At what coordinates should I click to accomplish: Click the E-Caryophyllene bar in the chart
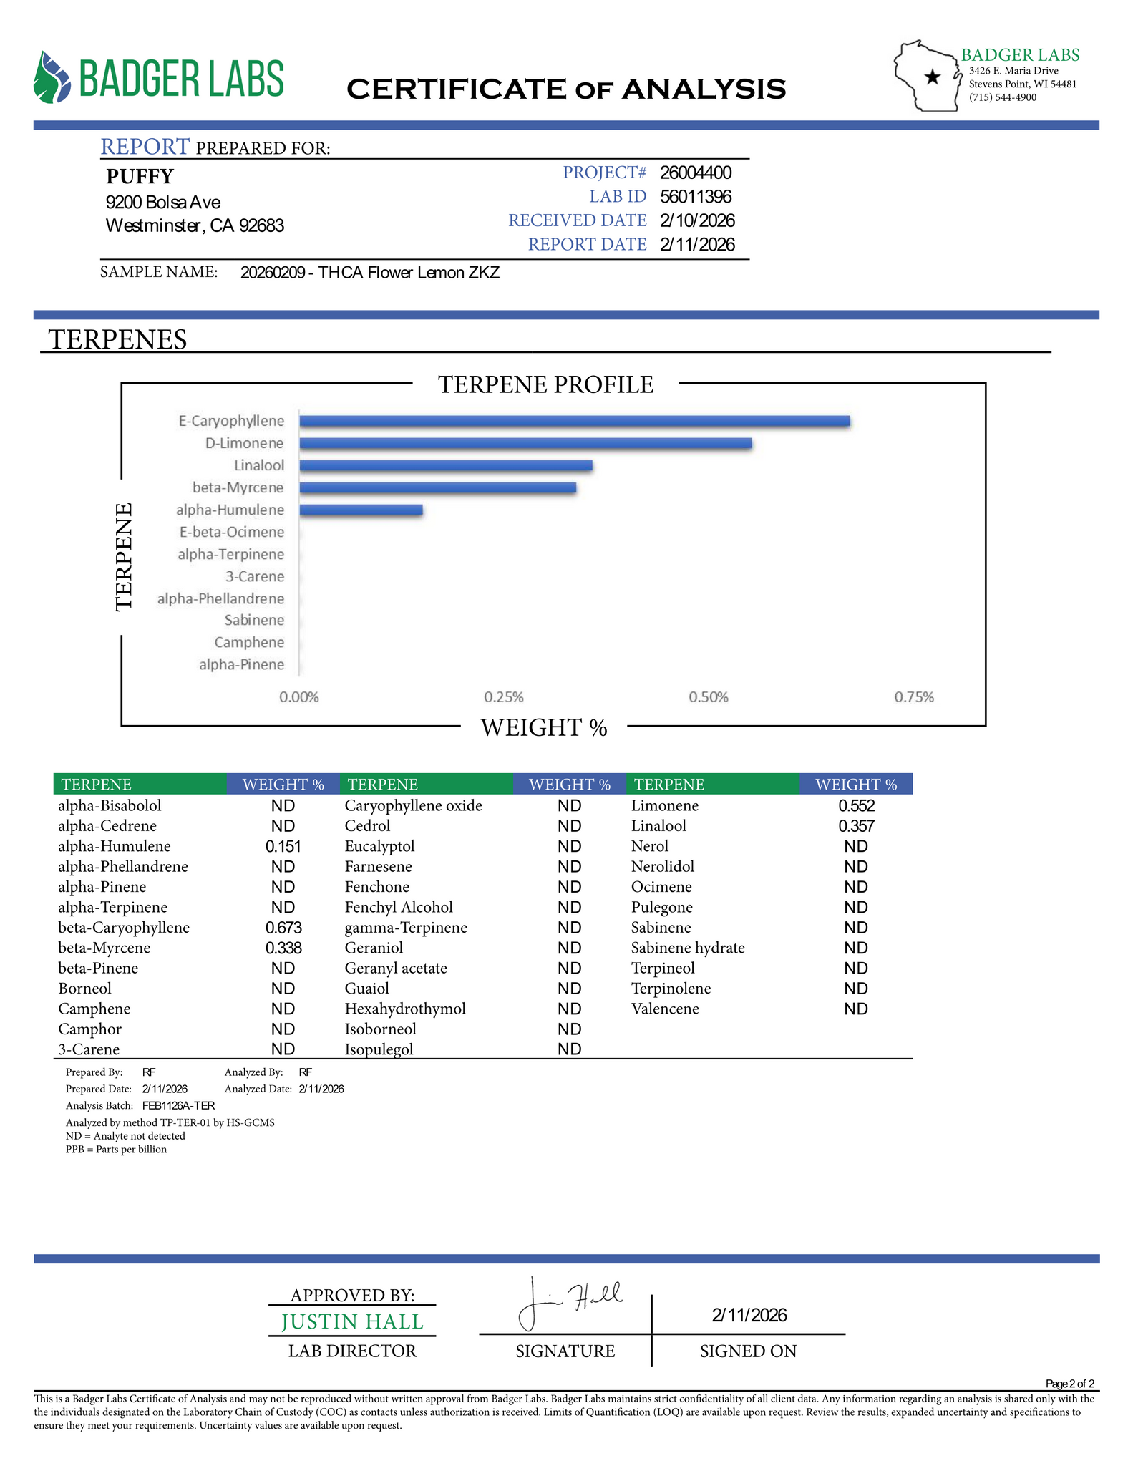pos(574,421)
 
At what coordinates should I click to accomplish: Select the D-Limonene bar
pos(525,443)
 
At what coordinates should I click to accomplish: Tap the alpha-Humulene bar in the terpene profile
pos(361,510)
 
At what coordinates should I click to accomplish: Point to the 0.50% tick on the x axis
pos(709,697)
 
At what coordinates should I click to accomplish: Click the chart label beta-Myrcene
pos(238,487)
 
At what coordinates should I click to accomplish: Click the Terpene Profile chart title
pos(545,385)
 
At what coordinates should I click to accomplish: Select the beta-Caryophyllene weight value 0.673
pos(283,928)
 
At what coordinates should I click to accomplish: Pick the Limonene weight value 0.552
pos(856,806)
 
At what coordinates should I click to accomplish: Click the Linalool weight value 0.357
pos(856,826)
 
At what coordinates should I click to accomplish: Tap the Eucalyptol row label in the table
pos(379,846)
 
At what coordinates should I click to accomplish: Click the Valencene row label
pos(665,1009)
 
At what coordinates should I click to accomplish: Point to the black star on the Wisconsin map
pos(932,77)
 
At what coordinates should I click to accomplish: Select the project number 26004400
pos(696,173)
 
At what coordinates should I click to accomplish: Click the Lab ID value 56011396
pos(696,197)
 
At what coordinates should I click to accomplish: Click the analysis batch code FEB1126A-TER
pos(178,1105)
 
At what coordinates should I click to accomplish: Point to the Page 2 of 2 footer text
pos(1070,1384)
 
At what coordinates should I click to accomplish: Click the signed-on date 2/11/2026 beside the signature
pos(749,1315)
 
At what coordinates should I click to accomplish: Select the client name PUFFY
pos(140,176)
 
